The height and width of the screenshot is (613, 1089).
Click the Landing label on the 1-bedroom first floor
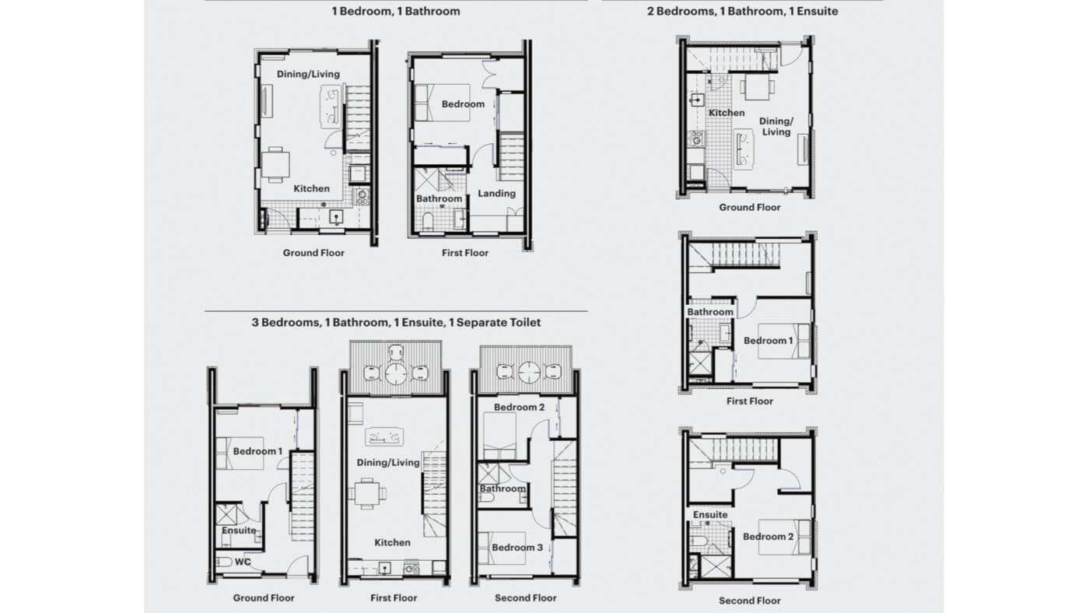pyautogui.click(x=496, y=193)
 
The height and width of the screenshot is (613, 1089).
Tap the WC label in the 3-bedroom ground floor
pyautogui.click(x=244, y=561)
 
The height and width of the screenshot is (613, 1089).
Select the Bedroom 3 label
pyautogui.click(x=517, y=548)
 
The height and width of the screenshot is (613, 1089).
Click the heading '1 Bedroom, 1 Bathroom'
pyautogui.click(x=396, y=11)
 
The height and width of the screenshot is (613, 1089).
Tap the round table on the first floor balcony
pyautogui.click(x=397, y=373)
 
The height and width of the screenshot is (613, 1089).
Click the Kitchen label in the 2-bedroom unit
pyautogui.click(x=727, y=113)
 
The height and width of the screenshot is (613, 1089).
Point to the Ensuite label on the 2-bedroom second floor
pyautogui.click(x=710, y=514)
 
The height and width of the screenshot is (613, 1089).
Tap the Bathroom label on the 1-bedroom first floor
pyautogui.click(x=439, y=198)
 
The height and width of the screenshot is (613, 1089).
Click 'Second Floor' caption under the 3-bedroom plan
pyautogui.click(x=526, y=598)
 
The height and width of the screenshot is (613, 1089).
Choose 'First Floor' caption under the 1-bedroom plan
pyautogui.click(x=465, y=253)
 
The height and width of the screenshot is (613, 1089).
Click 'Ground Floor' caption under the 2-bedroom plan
pyautogui.click(x=748, y=208)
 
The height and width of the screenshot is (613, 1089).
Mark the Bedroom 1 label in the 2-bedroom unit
pyautogui.click(x=769, y=341)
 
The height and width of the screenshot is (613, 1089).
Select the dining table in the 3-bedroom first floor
pyautogui.click(x=365, y=492)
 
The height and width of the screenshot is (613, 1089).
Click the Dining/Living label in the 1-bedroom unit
pyautogui.click(x=308, y=74)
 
